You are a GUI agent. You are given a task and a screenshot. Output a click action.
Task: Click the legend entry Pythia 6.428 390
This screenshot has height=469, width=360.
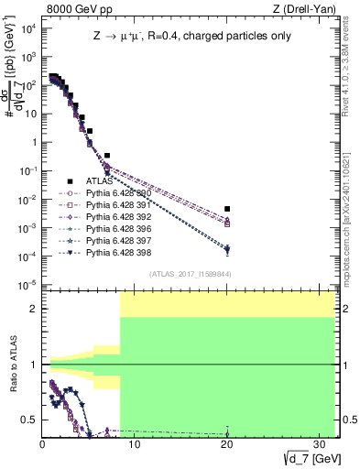click(x=119, y=193)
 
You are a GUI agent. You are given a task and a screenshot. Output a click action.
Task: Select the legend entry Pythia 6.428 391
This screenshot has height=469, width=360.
click(x=119, y=205)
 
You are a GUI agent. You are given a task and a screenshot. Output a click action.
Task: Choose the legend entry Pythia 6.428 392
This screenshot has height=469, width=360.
click(x=119, y=217)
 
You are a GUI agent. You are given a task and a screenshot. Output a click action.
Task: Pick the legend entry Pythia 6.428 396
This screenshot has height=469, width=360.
click(x=119, y=229)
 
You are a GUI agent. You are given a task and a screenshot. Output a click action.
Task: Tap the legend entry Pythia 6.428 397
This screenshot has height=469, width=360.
click(x=119, y=241)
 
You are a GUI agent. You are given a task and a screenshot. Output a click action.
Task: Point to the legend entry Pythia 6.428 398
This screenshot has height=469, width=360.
click(x=119, y=253)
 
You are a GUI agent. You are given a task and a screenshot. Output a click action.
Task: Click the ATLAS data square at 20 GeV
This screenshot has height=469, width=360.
click(x=227, y=210)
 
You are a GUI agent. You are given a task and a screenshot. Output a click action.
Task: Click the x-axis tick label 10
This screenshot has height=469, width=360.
click(x=135, y=443)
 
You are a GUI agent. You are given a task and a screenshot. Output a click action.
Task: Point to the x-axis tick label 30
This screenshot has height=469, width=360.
click(x=320, y=443)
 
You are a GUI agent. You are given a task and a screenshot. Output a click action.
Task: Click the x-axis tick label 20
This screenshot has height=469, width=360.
click(x=227, y=443)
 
